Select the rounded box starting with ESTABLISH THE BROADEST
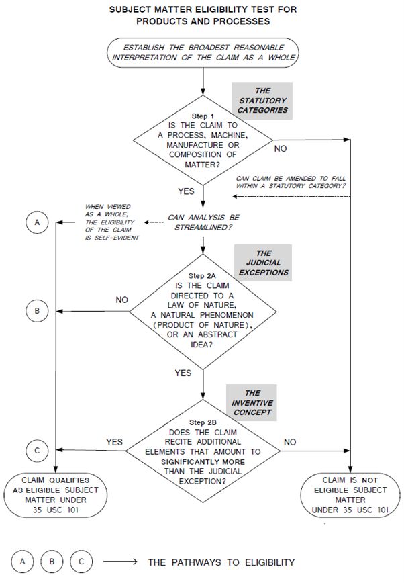coord(202,51)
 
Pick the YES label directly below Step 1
coord(186,191)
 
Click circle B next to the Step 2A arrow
coord(38,311)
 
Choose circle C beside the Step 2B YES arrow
coord(38,449)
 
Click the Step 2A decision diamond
coord(202,311)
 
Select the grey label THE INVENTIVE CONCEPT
coord(252,402)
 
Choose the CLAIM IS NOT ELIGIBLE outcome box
coord(350,495)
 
